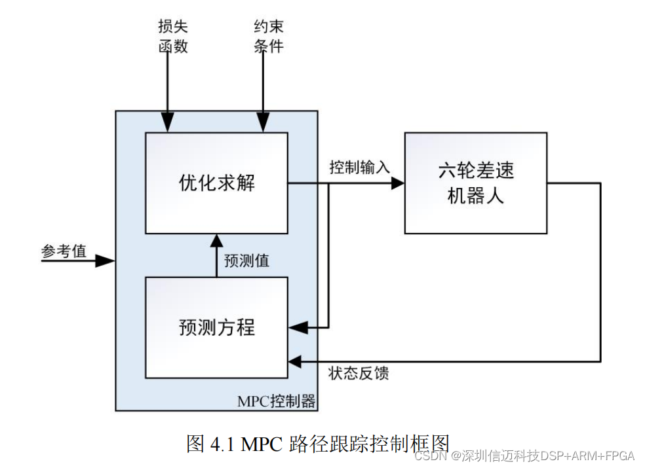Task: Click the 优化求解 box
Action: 216,183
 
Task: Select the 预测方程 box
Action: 216,327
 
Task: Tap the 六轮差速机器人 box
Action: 475,183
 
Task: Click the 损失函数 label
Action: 172,36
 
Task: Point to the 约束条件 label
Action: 268,36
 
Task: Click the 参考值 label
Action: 64,251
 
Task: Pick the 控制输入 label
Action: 359,168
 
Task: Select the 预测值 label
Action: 246,260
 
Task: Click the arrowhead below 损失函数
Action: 168,123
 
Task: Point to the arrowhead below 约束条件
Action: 263,123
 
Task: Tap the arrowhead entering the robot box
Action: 397,183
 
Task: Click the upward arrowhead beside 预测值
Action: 216,241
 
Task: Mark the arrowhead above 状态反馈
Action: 295,361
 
